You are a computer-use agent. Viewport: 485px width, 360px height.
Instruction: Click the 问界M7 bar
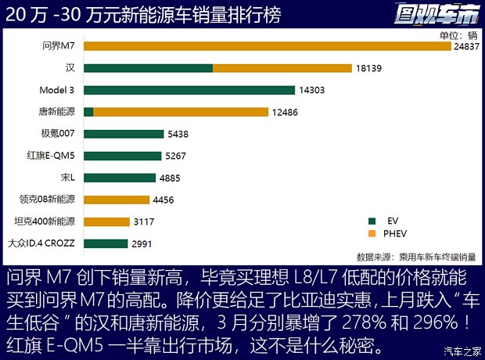click(266, 46)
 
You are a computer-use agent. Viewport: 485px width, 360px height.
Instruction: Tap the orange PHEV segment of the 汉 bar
click(282, 68)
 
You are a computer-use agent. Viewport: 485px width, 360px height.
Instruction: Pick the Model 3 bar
click(188, 90)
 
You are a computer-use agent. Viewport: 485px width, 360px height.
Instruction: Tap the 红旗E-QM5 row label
click(52, 155)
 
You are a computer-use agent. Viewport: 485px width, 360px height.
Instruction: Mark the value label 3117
click(144, 221)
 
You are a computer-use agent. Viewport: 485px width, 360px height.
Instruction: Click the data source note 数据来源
click(415, 256)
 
